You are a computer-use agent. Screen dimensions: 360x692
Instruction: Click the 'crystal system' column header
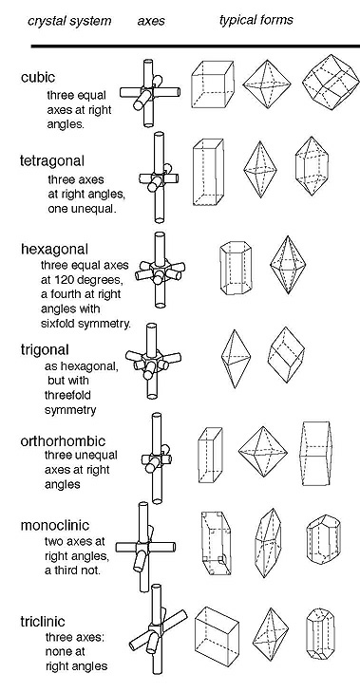(x=69, y=21)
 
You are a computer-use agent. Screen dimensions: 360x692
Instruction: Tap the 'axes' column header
(x=151, y=21)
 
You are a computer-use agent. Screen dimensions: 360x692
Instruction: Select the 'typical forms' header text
(x=256, y=20)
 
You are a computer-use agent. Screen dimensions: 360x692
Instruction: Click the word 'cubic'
(x=38, y=77)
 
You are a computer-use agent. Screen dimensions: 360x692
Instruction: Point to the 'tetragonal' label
(x=52, y=161)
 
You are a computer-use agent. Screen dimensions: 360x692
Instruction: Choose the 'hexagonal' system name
(x=54, y=250)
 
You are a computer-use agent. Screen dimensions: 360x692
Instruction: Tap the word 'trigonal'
(x=45, y=350)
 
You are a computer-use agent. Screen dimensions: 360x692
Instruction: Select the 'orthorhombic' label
(x=63, y=440)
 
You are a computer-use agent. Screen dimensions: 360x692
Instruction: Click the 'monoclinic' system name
(x=55, y=525)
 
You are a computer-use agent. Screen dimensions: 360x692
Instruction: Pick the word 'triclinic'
(x=43, y=622)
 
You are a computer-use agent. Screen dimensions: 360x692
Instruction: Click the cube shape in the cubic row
(x=213, y=84)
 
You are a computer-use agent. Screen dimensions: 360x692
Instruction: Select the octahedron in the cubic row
(x=267, y=84)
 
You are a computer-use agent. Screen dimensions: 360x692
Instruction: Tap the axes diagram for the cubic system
(x=150, y=92)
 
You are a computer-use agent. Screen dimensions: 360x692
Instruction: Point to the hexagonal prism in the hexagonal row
(x=236, y=267)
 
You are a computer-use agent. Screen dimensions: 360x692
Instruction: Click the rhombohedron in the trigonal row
(x=286, y=354)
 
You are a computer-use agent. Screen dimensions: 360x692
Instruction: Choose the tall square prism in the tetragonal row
(x=208, y=172)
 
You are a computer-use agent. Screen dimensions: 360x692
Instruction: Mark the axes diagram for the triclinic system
(x=158, y=629)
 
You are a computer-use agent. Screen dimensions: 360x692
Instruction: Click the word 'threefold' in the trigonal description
(x=67, y=395)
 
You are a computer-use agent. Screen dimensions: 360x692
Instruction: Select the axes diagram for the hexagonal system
(x=160, y=270)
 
